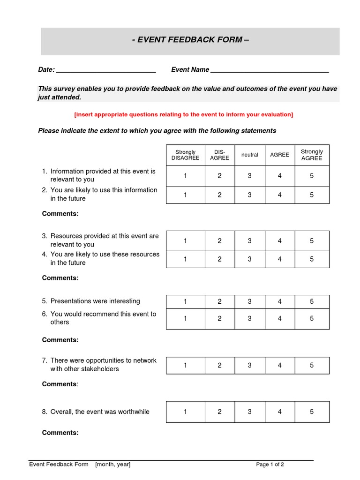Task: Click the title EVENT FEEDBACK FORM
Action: tap(190, 40)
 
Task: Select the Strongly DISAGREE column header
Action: tap(185, 155)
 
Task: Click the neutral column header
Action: tap(249, 155)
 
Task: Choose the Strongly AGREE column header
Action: tap(312, 155)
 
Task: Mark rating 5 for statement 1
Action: tap(312, 176)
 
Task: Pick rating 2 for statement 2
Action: tap(219, 195)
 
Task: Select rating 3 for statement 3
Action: tap(249, 241)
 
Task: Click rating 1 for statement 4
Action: tap(185, 259)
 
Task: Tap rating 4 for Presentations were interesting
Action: tap(280, 302)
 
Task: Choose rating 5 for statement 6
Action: tap(312, 319)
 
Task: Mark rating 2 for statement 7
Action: tap(219, 365)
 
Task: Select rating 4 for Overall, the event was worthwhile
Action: tap(280, 412)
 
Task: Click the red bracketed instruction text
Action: tap(184, 114)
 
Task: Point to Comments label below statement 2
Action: tap(60, 214)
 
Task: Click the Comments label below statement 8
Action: tap(60, 433)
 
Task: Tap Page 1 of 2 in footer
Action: tap(270, 465)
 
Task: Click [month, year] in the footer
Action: tap(113, 465)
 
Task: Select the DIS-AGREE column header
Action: tap(219, 155)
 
